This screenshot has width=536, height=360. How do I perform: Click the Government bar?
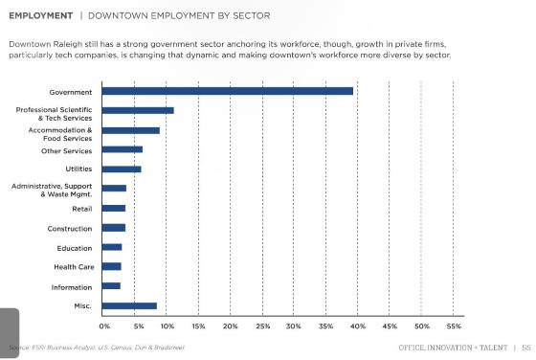227,91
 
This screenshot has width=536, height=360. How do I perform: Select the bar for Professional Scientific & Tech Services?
137,110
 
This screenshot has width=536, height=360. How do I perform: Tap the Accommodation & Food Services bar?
130,130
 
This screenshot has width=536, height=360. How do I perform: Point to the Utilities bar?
121,169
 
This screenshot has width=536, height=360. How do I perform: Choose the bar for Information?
111,285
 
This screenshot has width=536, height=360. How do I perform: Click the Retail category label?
81,208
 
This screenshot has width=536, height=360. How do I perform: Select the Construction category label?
69,228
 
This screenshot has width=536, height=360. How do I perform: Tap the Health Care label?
73,266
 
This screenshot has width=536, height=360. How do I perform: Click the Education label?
74,247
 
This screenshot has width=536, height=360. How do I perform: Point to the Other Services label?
66,150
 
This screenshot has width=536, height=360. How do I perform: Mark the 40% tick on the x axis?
357,326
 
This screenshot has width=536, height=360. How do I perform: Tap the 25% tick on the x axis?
261,326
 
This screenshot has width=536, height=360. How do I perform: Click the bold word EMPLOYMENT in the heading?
40,16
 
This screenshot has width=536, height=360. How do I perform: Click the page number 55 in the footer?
525,347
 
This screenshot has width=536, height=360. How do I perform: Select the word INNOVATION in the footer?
451,347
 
